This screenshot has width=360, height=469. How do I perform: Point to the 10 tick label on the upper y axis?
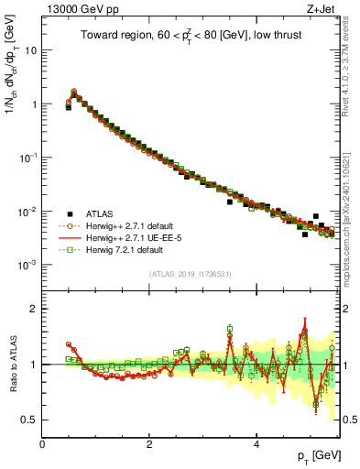click(30, 50)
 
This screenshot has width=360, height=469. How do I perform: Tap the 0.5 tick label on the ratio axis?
click(28, 420)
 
